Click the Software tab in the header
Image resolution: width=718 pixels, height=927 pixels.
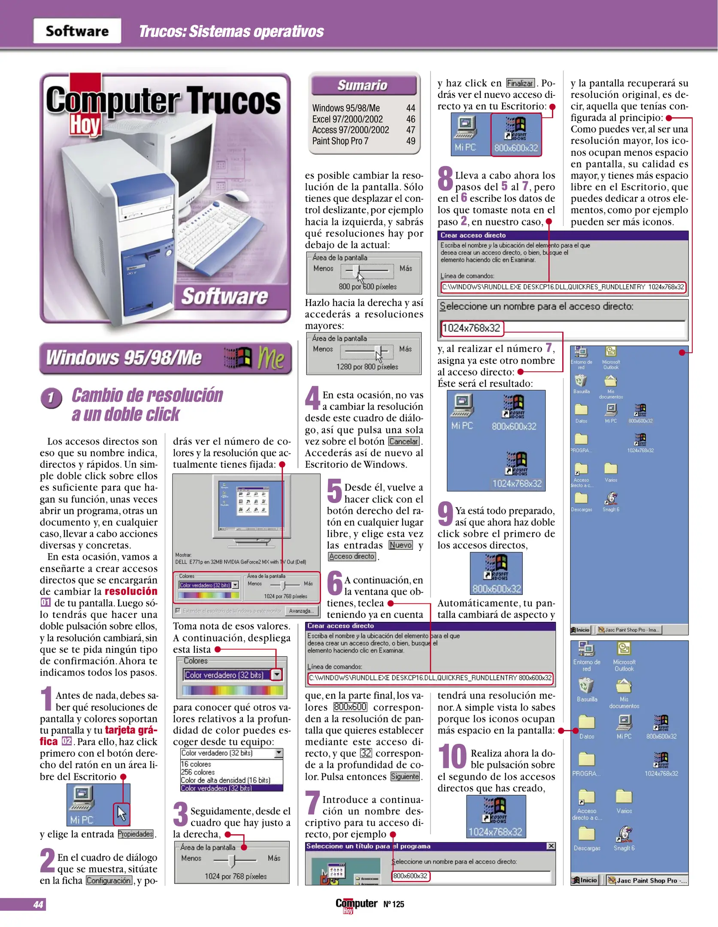[x=77, y=31]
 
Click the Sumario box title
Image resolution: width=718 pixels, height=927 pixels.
[x=363, y=85]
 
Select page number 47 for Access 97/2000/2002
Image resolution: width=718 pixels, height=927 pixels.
[x=410, y=130]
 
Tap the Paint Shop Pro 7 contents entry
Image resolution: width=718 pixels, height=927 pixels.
[x=340, y=141]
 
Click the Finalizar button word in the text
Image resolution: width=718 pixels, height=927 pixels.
[x=520, y=83]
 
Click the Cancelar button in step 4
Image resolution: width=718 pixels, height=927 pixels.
[x=403, y=441]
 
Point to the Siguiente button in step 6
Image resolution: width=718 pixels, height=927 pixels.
[x=404, y=776]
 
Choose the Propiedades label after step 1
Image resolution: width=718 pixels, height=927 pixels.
[x=135, y=834]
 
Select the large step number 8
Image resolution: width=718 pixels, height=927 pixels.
[x=445, y=179]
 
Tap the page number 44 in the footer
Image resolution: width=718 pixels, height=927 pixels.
[x=38, y=904]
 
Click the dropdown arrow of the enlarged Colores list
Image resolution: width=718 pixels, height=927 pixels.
[x=277, y=675]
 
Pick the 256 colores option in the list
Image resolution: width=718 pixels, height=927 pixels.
[x=198, y=772]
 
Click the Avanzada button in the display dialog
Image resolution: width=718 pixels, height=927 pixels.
[x=301, y=611]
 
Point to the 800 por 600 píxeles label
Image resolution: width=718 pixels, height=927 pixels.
[x=367, y=287]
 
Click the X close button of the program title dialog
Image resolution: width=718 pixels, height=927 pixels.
[x=551, y=846]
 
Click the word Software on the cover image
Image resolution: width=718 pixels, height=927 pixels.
[x=224, y=297]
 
